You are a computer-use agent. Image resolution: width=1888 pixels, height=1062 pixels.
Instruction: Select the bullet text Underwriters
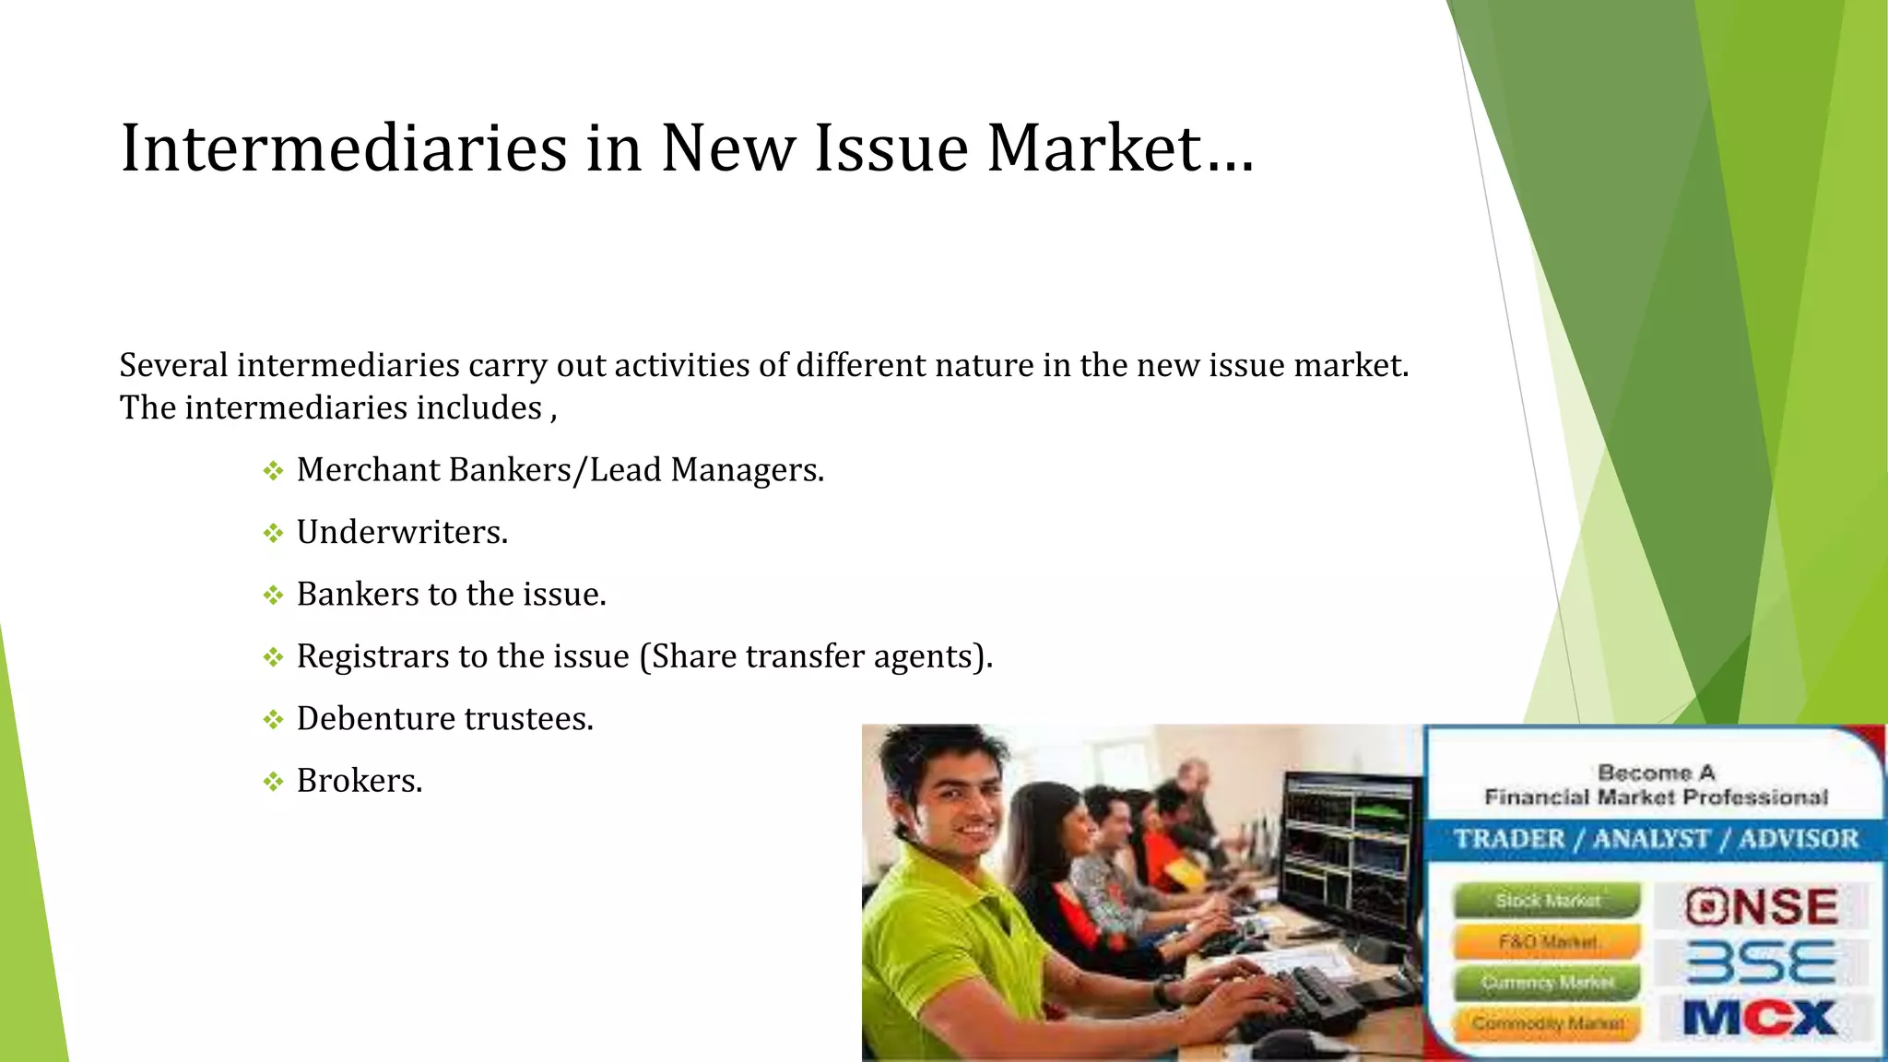[x=402, y=533]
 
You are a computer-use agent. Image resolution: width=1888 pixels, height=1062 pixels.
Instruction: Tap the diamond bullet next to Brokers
[x=273, y=783]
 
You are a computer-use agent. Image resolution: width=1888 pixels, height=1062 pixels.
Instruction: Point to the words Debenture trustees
[x=444, y=719]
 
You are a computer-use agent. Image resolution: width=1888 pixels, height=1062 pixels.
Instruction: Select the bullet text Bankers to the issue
[x=451, y=595]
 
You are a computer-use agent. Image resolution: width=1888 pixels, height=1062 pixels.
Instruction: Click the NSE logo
[x=1762, y=906]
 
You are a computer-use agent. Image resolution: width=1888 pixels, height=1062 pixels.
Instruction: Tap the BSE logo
[x=1762, y=963]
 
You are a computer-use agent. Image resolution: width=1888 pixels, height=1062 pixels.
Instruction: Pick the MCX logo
[x=1760, y=1019]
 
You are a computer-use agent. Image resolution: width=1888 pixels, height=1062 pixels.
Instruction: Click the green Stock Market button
[x=1547, y=901]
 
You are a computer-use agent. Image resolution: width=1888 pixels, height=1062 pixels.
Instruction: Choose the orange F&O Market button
[x=1547, y=942]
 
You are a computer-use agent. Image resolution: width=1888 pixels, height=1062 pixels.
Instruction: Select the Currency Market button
[x=1547, y=983]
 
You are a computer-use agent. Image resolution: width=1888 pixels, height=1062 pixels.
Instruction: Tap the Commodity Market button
[x=1547, y=1023]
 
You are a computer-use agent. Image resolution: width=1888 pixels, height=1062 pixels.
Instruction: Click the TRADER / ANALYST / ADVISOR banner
[x=1656, y=839]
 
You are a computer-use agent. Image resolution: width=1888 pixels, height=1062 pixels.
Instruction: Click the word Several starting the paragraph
[x=173, y=366]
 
